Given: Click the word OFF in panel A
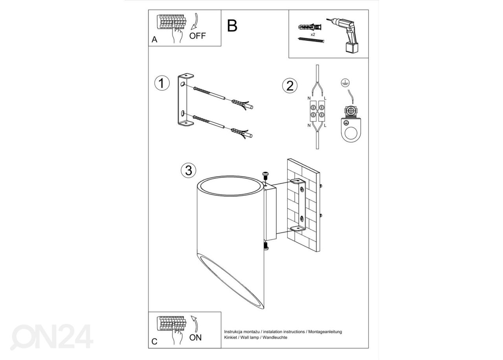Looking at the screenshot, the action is (197, 36).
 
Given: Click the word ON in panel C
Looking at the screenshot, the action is (195, 338).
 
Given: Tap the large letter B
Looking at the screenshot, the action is (232, 26).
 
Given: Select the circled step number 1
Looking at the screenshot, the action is (162, 83).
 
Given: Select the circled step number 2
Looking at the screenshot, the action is (290, 86).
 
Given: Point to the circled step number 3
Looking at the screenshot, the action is (188, 170).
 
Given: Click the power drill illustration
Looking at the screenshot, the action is (343, 35).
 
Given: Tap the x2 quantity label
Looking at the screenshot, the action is (312, 35).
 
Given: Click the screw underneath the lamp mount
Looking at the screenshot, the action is (266, 246).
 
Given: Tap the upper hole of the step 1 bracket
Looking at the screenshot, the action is (183, 84).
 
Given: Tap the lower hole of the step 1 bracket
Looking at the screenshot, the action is (183, 113).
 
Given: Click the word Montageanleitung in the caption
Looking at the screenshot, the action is (325, 332).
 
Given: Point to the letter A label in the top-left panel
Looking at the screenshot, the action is (154, 40).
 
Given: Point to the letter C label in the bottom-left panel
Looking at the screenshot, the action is (154, 342).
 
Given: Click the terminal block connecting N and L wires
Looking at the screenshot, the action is (317, 112).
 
